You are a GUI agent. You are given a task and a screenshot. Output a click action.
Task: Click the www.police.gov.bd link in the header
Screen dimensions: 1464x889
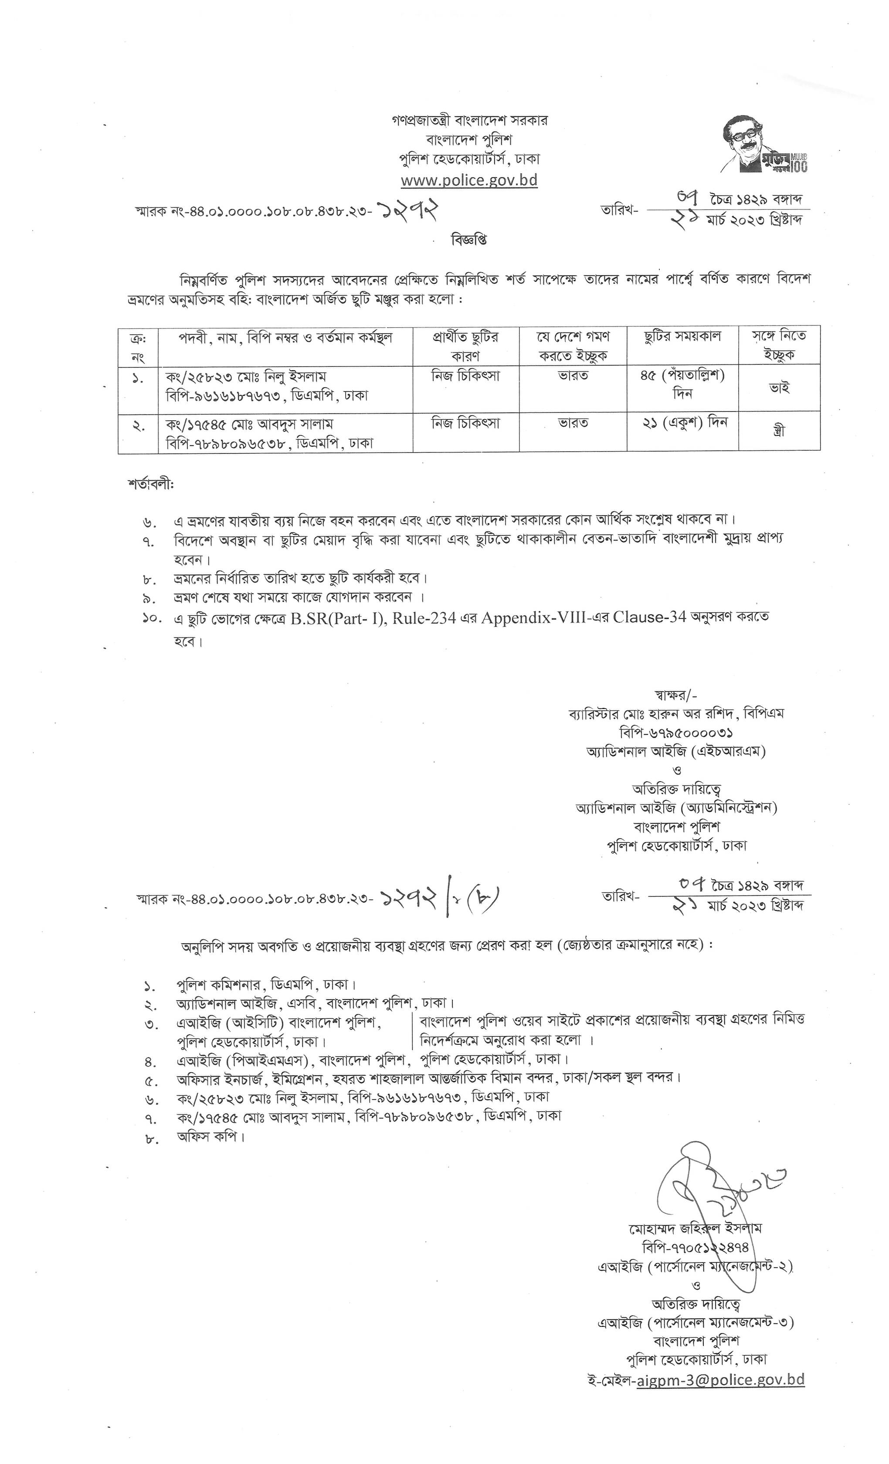[469, 180]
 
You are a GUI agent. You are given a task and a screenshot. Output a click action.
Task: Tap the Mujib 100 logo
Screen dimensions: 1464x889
[764, 145]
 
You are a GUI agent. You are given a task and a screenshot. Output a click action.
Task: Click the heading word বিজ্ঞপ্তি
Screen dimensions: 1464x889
[469, 240]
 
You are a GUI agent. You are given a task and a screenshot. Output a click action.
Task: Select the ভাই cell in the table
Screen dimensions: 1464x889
[778, 388]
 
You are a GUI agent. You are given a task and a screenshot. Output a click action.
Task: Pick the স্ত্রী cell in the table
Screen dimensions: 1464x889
[778, 430]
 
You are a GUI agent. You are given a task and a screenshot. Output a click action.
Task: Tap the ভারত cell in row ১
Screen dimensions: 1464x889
[573, 376]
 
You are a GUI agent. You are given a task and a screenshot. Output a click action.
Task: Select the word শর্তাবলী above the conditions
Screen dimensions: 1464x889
[150, 484]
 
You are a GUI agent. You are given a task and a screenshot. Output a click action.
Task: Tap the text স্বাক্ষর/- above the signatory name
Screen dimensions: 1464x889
[675, 695]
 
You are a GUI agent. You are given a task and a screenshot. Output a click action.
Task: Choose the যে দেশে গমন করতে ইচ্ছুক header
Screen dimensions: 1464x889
[573, 346]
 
